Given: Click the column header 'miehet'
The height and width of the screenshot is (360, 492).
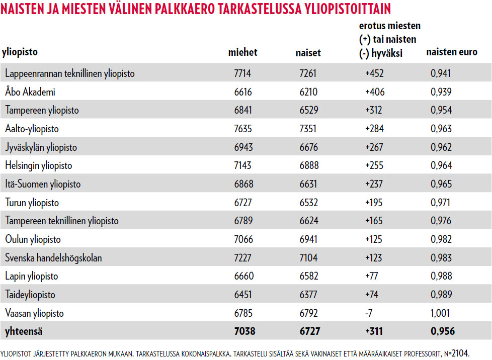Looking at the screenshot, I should [242, 52].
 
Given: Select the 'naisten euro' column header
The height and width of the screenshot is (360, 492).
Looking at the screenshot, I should [452, 52].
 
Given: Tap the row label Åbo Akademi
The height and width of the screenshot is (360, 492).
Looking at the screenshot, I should [30, 92].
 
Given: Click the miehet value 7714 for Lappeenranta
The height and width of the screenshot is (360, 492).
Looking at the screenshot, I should [242, 73].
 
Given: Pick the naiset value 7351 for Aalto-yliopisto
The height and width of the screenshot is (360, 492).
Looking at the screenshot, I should [307, 129].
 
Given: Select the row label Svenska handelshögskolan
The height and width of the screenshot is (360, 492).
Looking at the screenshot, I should [53, 258].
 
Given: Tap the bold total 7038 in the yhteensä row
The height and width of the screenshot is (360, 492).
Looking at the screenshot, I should [244, 331].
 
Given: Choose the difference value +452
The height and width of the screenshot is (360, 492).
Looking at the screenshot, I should [374, 73].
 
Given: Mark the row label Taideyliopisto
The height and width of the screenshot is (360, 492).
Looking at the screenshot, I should [30, 295].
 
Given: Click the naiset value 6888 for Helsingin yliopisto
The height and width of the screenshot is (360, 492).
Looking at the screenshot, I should [307, 165].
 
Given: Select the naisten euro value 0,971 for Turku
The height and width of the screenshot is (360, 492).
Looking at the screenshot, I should [441, 203].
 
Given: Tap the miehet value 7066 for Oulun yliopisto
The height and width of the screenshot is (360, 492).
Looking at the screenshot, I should [242, 239].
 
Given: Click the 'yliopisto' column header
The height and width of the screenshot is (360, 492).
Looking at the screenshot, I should [20, 52].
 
